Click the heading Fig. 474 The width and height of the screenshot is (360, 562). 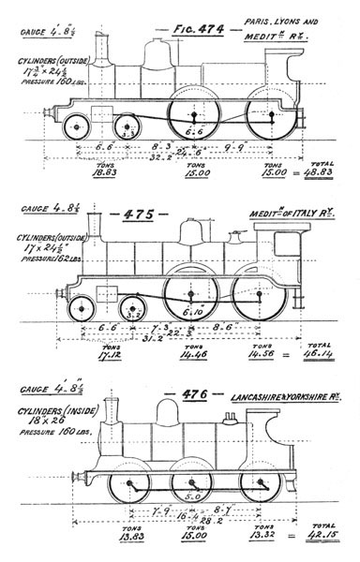click(x=198, y=30)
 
